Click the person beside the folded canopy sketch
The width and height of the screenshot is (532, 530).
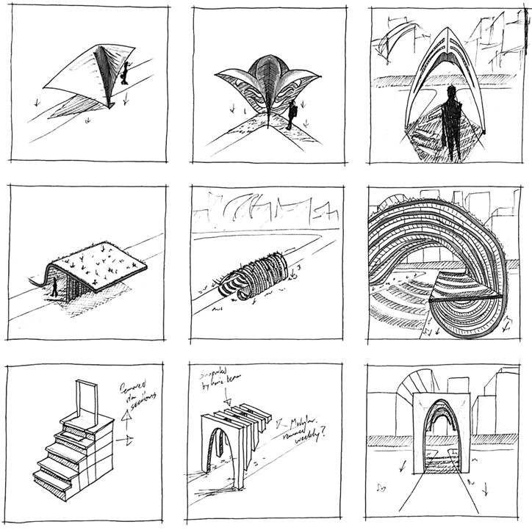tap(124, 72)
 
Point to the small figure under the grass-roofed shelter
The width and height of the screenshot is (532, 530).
tap(54, 287)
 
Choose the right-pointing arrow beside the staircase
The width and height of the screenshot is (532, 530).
tap(129, 441)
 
